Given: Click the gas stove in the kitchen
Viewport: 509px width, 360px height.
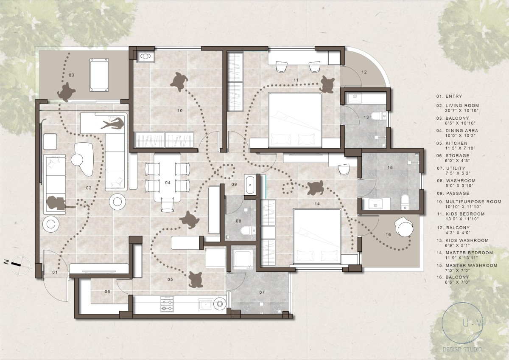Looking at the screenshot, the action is click(x=167, y=304).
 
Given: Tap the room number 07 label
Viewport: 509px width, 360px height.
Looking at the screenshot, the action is click(x=262, y=292).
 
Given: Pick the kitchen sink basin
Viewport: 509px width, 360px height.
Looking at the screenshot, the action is click(x=206, y=305).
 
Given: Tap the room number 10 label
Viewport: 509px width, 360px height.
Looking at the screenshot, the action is click(x=180, y=111).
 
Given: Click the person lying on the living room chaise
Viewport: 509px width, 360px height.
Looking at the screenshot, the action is click(x=113, y=124).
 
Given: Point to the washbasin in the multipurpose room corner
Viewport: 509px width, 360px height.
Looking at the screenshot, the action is click(x=145, y=56).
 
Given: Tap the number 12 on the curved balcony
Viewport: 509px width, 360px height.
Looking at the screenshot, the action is click(x=364, y=72).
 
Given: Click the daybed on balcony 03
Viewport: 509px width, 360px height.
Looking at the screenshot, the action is click(x=99, y=75).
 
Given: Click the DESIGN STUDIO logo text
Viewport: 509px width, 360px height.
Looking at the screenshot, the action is click(x=462, y=349).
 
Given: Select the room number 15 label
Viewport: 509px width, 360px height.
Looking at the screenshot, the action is click(x=390, y=168).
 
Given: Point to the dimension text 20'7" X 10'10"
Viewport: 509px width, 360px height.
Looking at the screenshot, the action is click(x=462, y=111).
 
